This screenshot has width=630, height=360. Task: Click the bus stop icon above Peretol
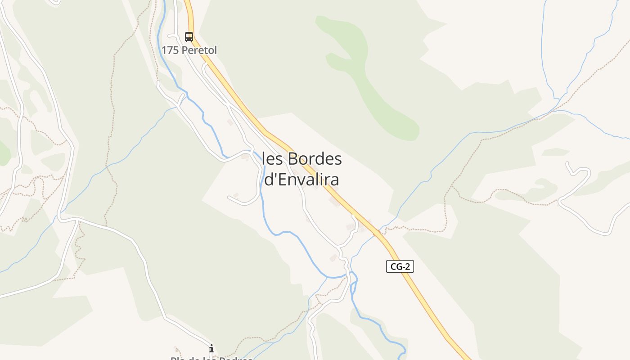pyautogui.click(x=189, y=37)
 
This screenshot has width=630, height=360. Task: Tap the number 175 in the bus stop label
pyautogui.click(x=170, y=50)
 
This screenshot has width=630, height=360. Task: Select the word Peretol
pyautogui.click(x=198, y=50)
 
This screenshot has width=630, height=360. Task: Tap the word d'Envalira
pyautogui.click(x=301, y=180)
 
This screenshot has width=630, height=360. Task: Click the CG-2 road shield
pyautogui.click(x=400, y=266)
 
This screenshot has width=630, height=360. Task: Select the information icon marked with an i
pyautogui.click(x=211, y=348)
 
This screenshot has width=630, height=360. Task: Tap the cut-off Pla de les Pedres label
pyautogui.click(x=211, y=358)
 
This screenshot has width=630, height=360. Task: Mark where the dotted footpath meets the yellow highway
pyautogui.click(x=377, y=233)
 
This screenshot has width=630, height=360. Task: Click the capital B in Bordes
pyautogui.click(x=292, y=159)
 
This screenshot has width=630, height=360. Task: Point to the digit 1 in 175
pyautogui.click(x=164, y=50)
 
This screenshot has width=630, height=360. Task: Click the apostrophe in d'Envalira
pyautogui.click(x=273, y=175)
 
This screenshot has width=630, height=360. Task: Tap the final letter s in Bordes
pyautogui.click(x=338, y=159)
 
